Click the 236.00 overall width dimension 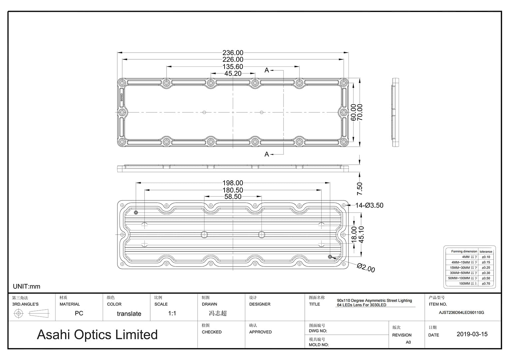pyautogui.click(x=233, y=53)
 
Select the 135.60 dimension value pyautogui.click(x=233, y=67)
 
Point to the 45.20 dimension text pyautogui.click(x=233, y=74)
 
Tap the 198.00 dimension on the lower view pyautogui.click(x=233, y=183)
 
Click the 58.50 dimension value pyautogui.click(x=233, y=197)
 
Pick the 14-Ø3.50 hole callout pyautogui.click(x=369, y=205)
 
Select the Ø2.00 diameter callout pyautogui.click(x=366, y=268)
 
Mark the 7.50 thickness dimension pyautogui.click(x=359, y=189)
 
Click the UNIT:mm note pyautogui.click(x=27, y=286)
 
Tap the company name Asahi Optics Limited pyautogui.click(x=97, y=335)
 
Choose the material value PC pyautogui.click(x=79, y=313)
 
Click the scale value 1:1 pyautogui.click(x=172, y=313)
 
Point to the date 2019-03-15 pyautogui.click(x=472, y=334)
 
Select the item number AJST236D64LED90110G pyautogui.click(x=461, y=313)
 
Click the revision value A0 pyautogui.click(x=408, y=342)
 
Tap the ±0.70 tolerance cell pyautogui.click(x=486, y=284)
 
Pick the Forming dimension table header pyautogui.click(x=464, y=251)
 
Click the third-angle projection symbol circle pyautogui.click(x=19, y=313)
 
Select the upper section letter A pyautogui.click(x=266, y=70)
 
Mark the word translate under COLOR pyautogui.click(x=129, y=314)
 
